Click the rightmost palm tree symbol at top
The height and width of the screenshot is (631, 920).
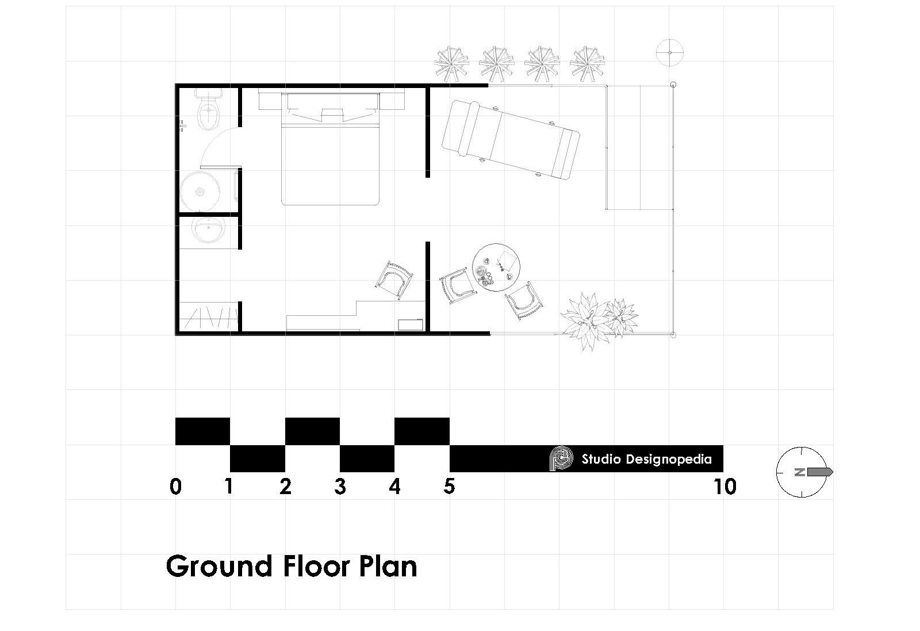pyautogui.click(x=587, y=63)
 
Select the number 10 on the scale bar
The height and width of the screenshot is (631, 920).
pyautogui.click(x=725, y=487)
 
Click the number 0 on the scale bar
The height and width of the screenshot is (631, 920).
pyautogui.click(x=176, y=487)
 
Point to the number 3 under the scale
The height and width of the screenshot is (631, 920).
pyautogui.click(x=340, y=487)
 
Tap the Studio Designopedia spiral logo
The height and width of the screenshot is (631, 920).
pyautogui.click(x=562, y=459)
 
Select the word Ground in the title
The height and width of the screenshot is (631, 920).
pyautogui.click(x=219, y=566)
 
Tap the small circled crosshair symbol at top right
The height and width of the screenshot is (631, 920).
pyautogui.click(x=669, y=52)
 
